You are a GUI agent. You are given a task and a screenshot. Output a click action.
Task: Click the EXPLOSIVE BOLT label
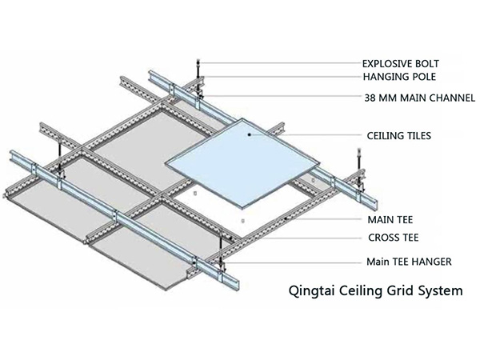(x=401, y=63)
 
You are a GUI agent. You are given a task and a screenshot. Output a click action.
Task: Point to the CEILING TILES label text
(x=398, y=137)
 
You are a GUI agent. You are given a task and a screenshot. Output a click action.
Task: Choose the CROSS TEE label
(x=393, y=238)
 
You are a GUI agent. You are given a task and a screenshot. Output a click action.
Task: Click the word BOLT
(x=426, y=63)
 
